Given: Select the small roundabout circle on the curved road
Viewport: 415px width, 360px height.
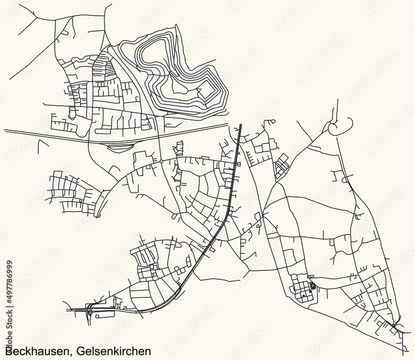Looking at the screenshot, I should (x=161, y=161).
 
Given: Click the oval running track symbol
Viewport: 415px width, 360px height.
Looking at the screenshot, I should (x=312, y=286).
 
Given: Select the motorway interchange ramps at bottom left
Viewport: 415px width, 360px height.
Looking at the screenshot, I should (x=90, y=309).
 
